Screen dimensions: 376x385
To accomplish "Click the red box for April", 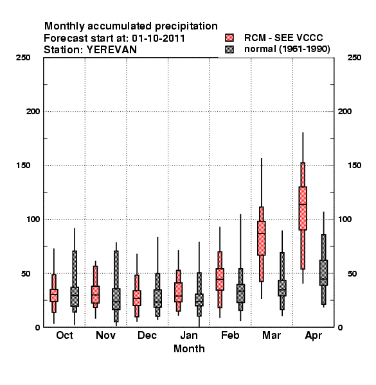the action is coord(303,208).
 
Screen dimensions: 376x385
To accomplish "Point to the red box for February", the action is coord(220,279).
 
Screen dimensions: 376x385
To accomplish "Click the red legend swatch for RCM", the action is coord(229,38).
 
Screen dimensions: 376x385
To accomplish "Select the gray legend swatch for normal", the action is coord(229,49).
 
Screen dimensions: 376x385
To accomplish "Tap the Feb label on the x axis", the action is coord(230,335).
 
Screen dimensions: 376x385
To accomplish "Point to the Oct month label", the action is coord(64,335).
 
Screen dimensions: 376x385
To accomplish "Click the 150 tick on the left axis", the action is coord(23,166).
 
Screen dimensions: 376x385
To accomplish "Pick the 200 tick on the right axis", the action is coord(345,112).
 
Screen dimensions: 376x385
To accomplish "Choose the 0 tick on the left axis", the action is coord(37,327).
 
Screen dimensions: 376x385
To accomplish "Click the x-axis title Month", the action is coord(189,349).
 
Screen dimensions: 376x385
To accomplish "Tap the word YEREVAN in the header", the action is coord(111,50).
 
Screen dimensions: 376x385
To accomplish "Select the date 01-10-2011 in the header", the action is coord(158,38).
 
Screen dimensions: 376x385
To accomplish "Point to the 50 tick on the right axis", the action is coord(352,273).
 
